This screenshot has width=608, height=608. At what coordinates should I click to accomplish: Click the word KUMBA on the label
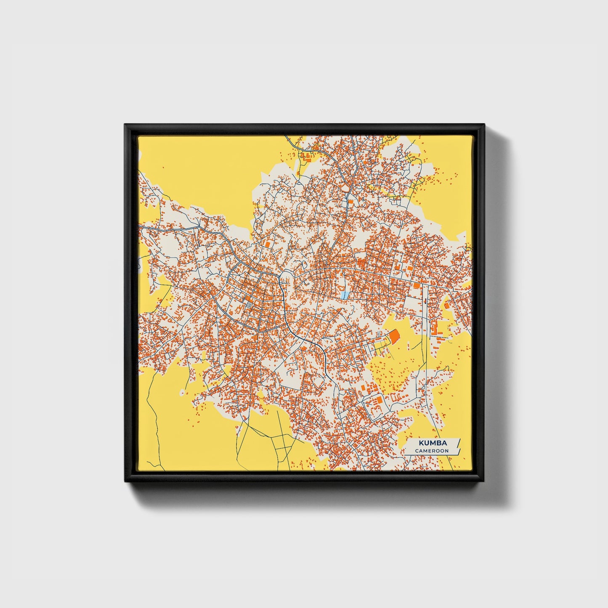432,443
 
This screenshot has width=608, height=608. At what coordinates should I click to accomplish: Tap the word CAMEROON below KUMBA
432,451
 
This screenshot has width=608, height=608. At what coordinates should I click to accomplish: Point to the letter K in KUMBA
421,443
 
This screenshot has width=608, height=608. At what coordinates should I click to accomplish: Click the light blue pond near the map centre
345,295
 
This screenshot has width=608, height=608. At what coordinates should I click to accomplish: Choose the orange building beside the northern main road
350,202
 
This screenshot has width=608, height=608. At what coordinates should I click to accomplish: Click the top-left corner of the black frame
125,125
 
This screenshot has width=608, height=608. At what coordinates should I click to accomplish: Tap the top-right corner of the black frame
484,125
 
